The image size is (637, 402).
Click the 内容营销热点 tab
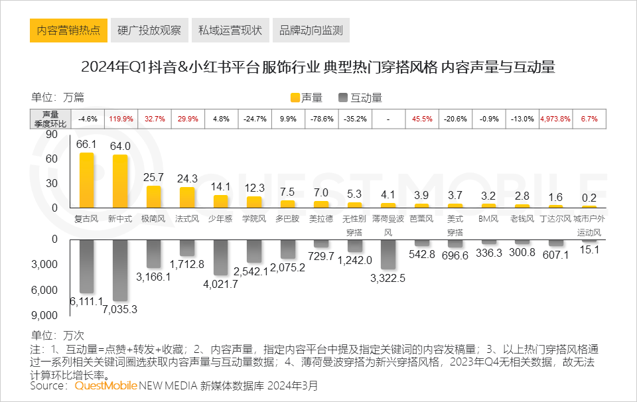click(68, 31)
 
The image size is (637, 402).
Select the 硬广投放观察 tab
click(149, 31)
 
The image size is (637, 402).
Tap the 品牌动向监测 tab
click(311, 31)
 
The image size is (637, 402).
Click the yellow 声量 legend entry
click(307, 98)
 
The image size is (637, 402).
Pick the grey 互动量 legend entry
click(360, 98)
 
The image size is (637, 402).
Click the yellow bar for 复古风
click(87, 181)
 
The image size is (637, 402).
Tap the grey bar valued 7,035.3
click(120, 270)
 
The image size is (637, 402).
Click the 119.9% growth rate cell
click(121, 119)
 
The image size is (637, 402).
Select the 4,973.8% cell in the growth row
click(556, 119)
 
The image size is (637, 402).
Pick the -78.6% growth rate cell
click(321, 119)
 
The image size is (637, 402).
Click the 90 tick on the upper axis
click(51, 135)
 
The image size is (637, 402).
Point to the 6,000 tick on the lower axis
click(45, 290)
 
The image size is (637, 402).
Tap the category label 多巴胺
click(287, 218)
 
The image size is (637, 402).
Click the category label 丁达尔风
click(555, 218)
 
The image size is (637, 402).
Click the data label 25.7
click(154, 178)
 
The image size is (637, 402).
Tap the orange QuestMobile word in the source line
click(106, 385)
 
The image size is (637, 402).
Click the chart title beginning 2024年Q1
click(318, 67)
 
